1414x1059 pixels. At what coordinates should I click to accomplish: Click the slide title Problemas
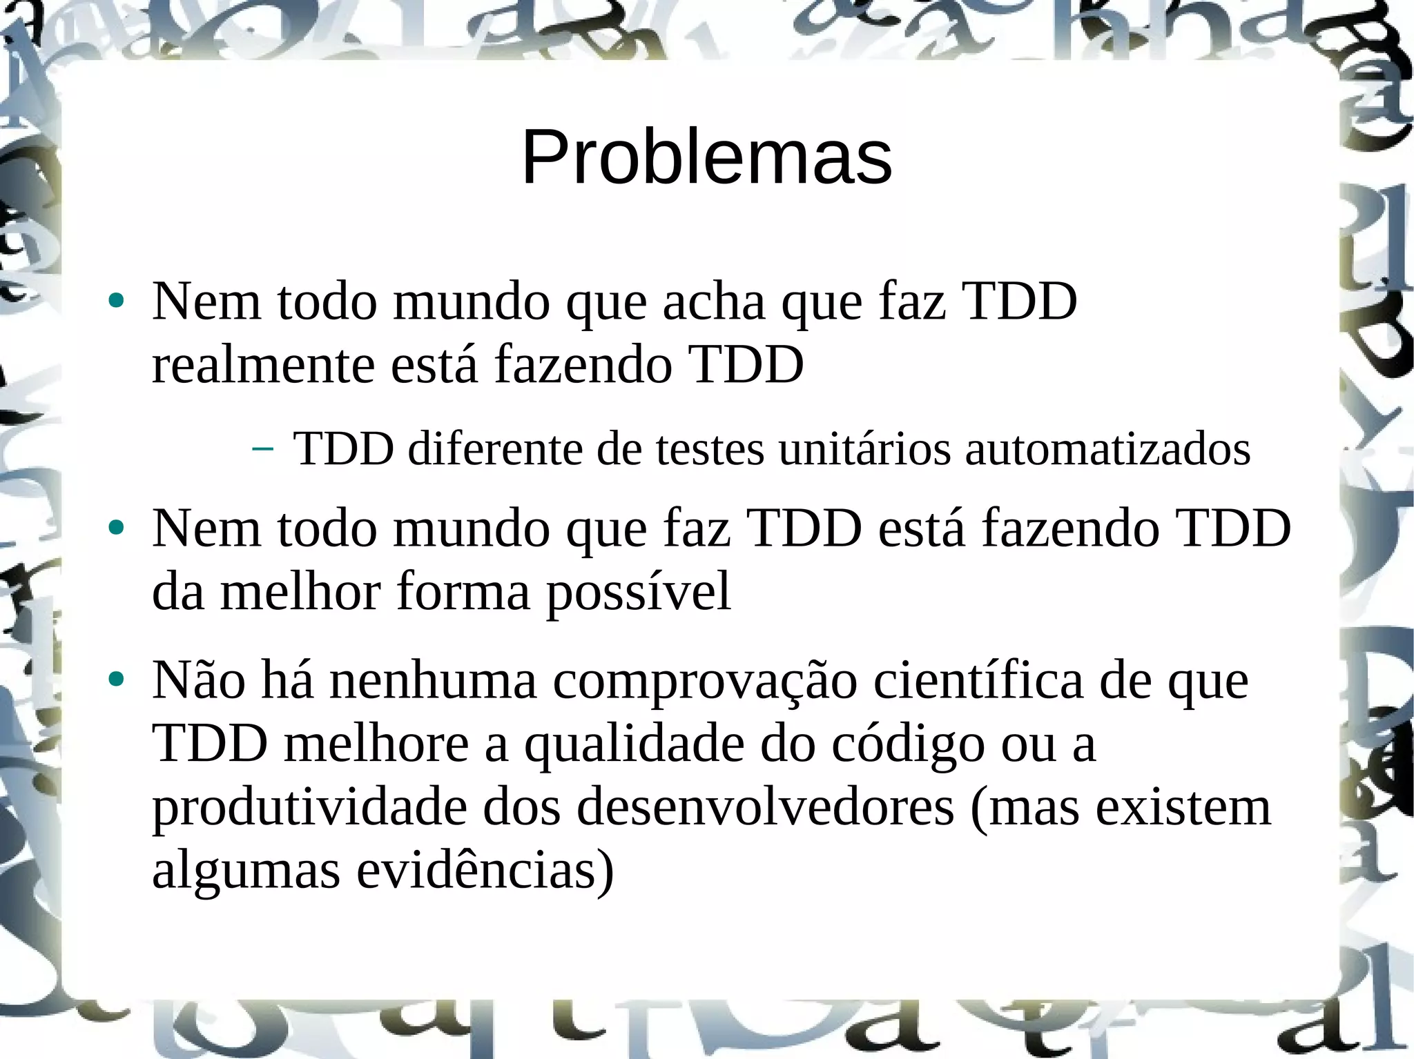point(706,158)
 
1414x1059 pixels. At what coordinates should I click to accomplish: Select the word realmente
point(263,365)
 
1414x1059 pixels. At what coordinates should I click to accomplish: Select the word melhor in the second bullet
point(300,592)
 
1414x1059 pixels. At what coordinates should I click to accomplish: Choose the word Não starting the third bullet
point(199,681)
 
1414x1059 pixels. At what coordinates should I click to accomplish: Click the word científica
point(978,681)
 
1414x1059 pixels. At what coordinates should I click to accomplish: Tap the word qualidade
point(634,746)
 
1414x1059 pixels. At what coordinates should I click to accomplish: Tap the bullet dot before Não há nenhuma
point(116,680)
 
